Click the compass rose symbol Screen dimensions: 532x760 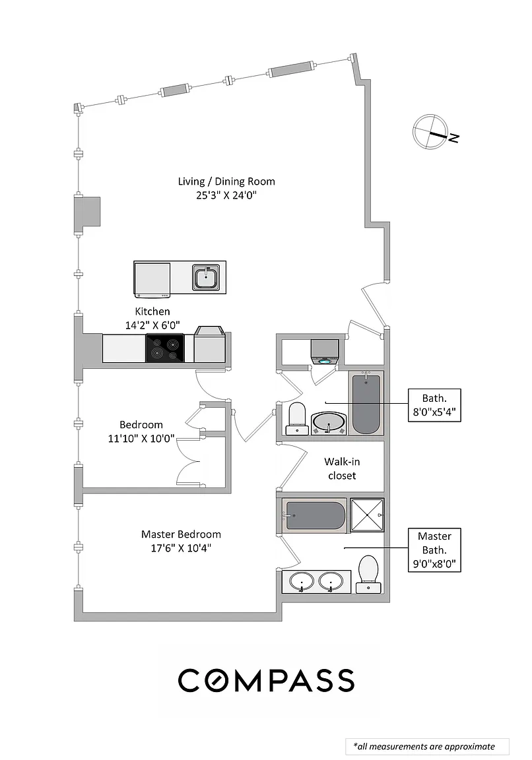coord(430,133)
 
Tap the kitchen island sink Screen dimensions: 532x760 coord(208,276)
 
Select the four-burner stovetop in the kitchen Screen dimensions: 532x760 coord(164,348)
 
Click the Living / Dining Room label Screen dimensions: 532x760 coord(226,181)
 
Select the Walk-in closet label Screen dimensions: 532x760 coord(340,468)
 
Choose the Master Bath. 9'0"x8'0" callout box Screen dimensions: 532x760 coord(434,550)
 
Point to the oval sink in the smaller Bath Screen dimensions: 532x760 coord(329,422)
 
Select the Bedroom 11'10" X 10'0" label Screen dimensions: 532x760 coord(141,431)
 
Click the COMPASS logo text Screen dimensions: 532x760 coord(266,680)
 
